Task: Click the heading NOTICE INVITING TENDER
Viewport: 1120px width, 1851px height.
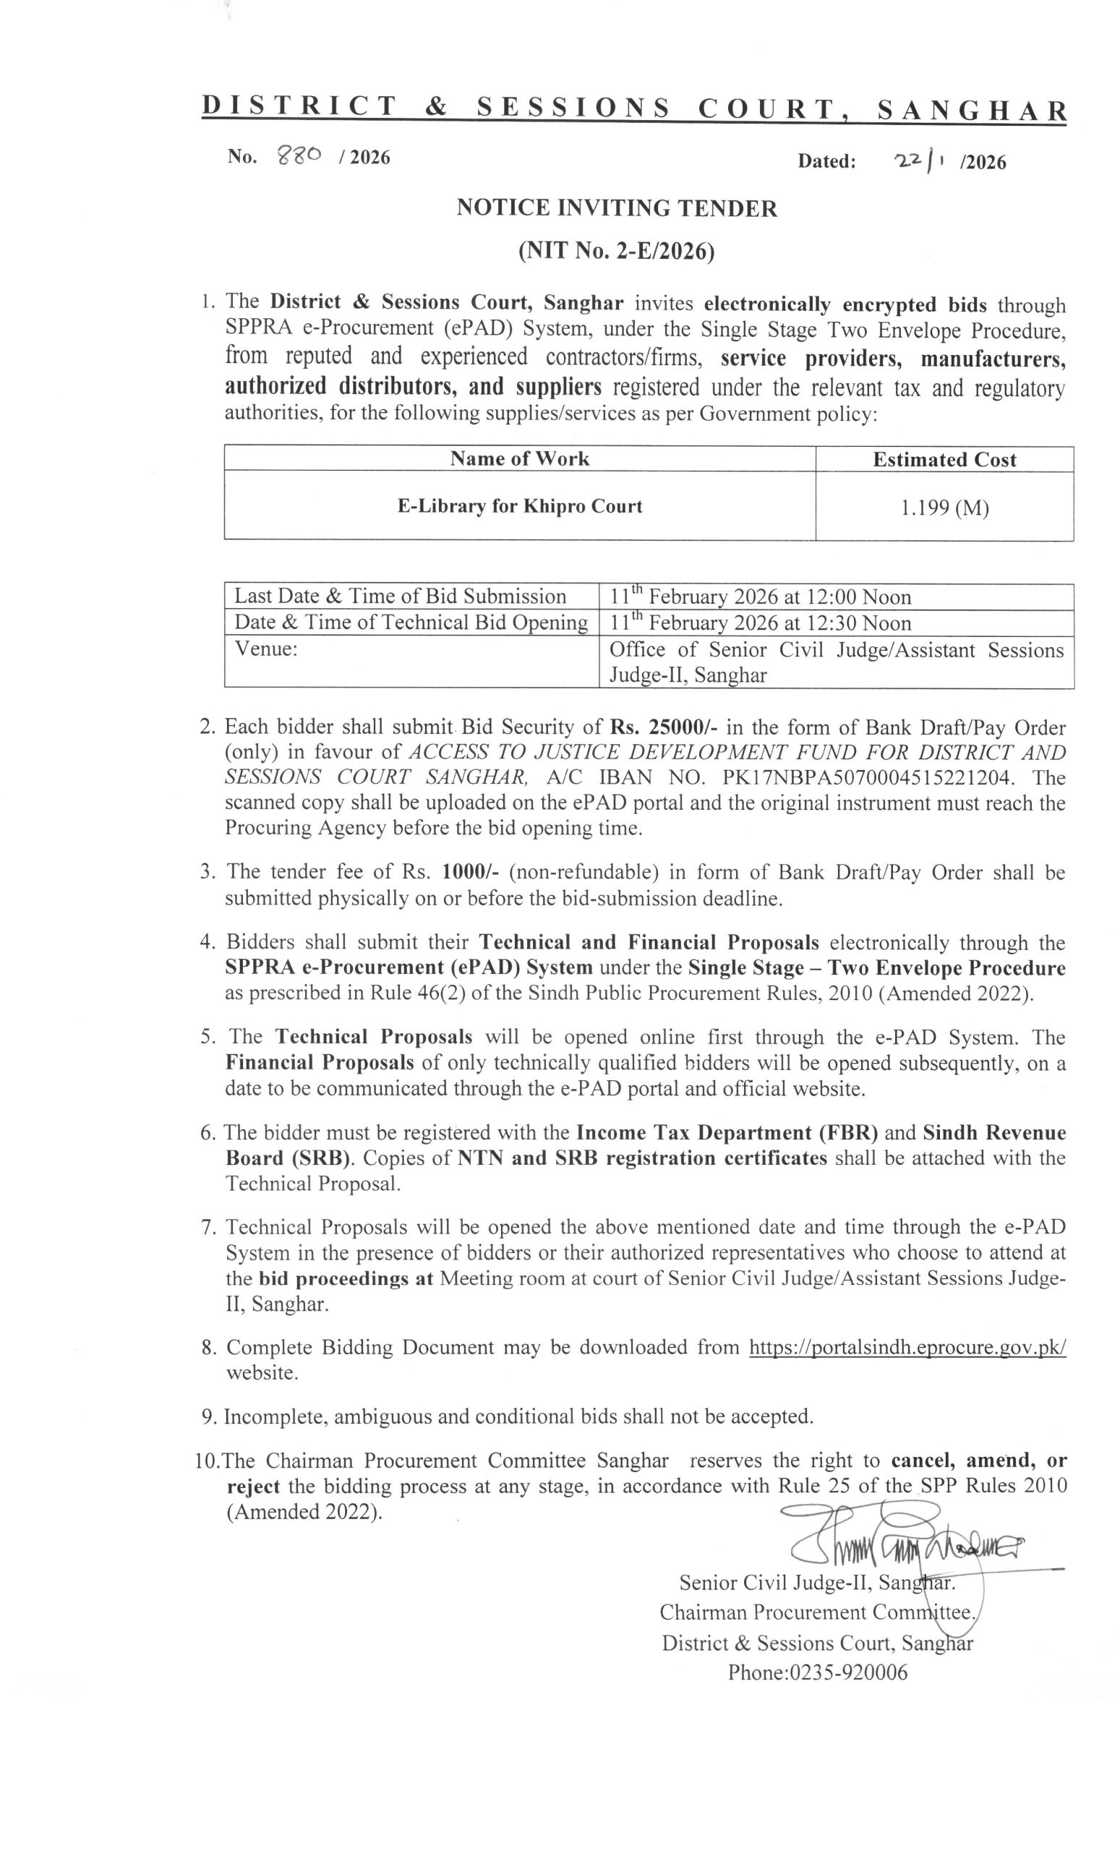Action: point(617,208)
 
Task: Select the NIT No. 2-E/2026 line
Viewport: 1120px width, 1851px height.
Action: point(616,252)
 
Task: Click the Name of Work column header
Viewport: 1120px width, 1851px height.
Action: point(519,459)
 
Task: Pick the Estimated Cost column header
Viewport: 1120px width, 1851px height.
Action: point(944,460)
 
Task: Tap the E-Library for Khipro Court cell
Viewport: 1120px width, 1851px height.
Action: point(520,505)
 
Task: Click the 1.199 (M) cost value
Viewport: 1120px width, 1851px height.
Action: point(944,508)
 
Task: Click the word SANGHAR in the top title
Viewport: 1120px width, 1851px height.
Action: point(971,111)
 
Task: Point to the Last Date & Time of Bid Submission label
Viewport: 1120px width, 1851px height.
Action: point(400,597)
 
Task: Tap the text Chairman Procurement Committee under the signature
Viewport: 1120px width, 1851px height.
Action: point(817,1612)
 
